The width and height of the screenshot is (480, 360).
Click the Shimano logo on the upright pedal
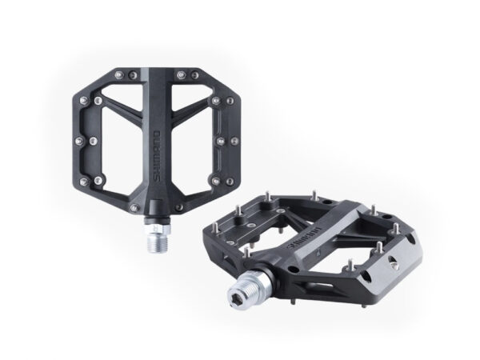click(x=158, y=156)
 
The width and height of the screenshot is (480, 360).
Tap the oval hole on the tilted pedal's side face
click(x=367, y=276)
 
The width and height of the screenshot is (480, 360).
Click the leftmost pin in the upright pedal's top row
click(x=119, y=74)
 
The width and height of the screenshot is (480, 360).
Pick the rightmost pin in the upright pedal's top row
click(x=195, y=74)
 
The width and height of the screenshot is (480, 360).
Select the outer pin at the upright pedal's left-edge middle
click(x=79, y=141)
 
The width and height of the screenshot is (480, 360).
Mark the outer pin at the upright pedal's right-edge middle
click(x=234, y=141)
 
